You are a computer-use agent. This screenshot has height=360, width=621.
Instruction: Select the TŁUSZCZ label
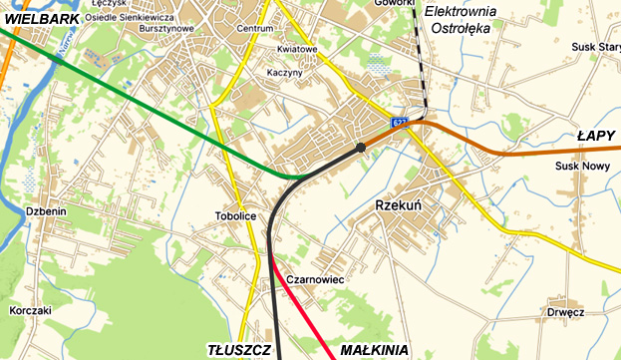coord(239,350)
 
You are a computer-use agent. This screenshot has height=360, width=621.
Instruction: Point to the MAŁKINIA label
coord(374,350)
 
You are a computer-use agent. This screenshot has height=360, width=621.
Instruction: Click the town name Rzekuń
coord(399,204)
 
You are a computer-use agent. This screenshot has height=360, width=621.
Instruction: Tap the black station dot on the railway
coord(360,148)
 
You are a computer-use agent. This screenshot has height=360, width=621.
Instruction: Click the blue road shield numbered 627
coord(399,122)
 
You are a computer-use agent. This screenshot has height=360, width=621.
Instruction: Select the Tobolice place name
coord(235,216)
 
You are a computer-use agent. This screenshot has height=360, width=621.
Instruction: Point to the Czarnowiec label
coord(314,280)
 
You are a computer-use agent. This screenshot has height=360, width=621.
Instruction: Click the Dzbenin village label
coord(47,211)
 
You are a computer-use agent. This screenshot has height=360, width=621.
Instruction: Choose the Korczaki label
coord(30,310)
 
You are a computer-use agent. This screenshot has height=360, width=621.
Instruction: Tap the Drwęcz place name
coord(565,312)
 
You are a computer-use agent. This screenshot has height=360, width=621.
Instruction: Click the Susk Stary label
coord(595,47)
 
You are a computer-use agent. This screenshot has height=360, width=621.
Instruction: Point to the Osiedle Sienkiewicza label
coord(130,17)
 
